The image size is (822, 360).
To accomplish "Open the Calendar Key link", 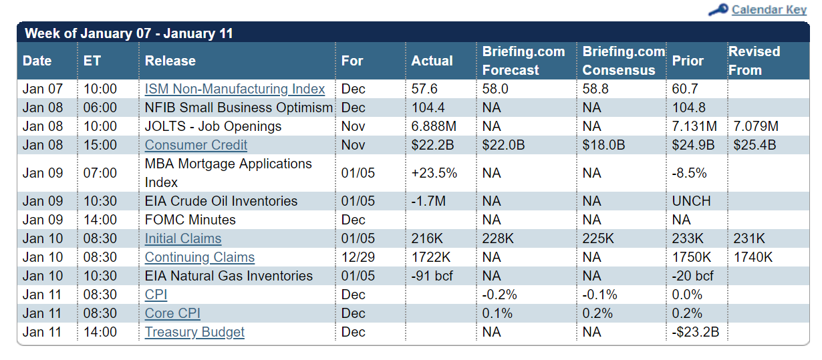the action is pos(769,9).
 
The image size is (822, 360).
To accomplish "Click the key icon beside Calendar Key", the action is pos(718,9).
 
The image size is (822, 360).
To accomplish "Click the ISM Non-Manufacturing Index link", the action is pos(235,89).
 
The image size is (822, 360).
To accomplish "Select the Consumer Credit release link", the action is pos(196,145).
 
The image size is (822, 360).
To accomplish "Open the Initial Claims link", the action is pos(183,238).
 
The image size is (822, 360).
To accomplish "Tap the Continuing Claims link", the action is pos(200,257).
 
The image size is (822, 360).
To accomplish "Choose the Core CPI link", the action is pos(172,313).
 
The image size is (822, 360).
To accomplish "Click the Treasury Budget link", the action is pos(194,332).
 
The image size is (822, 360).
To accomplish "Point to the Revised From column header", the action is pos(754,61).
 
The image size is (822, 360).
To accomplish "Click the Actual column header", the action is pos(432,61).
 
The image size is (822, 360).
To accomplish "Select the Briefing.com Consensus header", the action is pos(624,61).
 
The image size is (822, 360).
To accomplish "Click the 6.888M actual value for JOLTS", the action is pos(434,126).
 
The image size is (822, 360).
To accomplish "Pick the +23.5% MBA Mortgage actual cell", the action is pos(434,173).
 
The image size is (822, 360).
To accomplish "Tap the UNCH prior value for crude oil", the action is pos(692,201).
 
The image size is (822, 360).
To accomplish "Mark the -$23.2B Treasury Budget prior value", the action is pos(696,332).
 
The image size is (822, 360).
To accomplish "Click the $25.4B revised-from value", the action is pos(755,145).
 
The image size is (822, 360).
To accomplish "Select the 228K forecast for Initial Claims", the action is pos(498,238).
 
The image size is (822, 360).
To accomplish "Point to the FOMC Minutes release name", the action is pos(190,220).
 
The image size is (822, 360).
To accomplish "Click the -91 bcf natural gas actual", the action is pos(432,276).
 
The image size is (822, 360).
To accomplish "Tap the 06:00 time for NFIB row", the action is pos(100,108).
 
